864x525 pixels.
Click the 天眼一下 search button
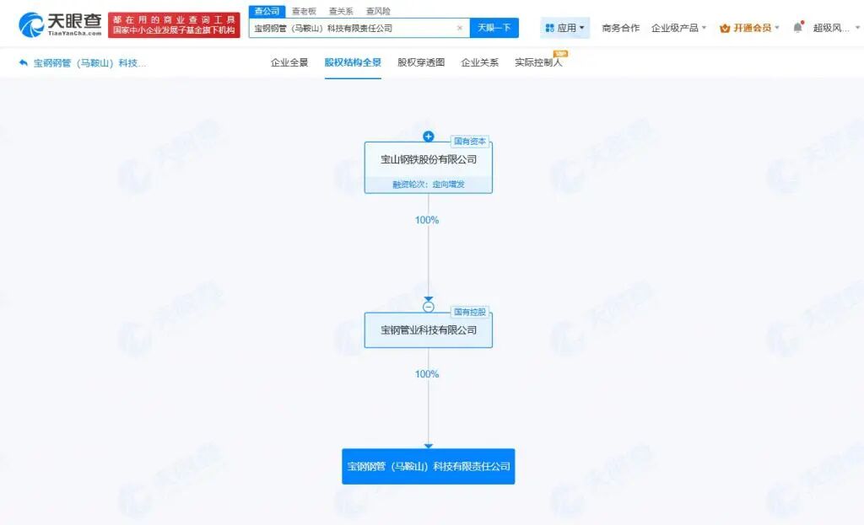click(494, 28)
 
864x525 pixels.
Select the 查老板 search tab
click(304, 11)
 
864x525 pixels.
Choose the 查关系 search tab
click(341, 11)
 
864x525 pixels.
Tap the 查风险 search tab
click(378, 11)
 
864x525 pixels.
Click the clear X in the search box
click(460, 28)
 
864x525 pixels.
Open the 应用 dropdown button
click(564, 28)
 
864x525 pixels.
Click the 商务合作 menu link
click(620, 28)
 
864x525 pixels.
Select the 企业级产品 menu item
click(678, 28)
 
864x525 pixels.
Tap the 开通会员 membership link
click(749, 28)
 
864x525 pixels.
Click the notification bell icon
click(798, 27)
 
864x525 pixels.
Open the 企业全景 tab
click(289, 62)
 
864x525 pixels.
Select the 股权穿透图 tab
click(421, 62)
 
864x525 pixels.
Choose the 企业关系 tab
click(479, 62)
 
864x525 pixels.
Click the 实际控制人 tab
click(538, 62)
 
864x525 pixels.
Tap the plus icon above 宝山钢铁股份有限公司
click(428, 137)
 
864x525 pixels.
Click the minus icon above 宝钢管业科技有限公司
click(428, 307)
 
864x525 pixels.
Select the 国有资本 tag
click(469, 142)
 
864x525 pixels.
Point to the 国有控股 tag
click(469, 312)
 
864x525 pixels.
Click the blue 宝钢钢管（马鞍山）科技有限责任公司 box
click(428, 466)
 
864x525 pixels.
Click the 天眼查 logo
click(61, 24)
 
